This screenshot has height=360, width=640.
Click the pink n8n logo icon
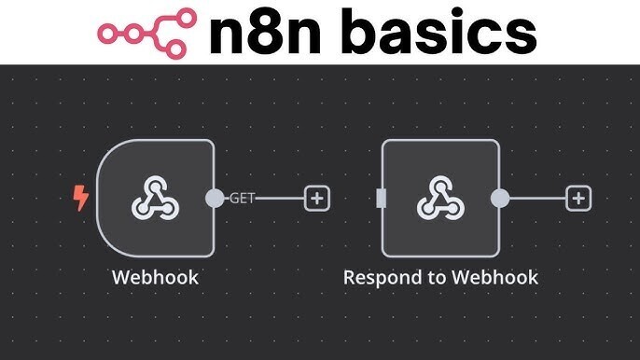click(147, 33)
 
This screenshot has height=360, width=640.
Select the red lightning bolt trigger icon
click(81, 198)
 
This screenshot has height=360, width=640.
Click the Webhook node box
click(155, 198)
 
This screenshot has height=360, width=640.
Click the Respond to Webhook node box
click(439, 198)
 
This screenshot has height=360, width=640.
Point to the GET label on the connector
click(243, 198)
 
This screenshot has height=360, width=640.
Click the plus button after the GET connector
click(317, 198)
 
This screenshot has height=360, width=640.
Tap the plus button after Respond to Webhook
click(579, 198)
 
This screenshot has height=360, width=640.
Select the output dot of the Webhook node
click(216, 198)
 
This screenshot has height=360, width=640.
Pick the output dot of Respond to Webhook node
click(500, 198)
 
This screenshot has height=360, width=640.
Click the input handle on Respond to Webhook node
click(381, 198)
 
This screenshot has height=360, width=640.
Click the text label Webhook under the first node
click(155, 277)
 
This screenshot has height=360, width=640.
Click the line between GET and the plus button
click(280, 198)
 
